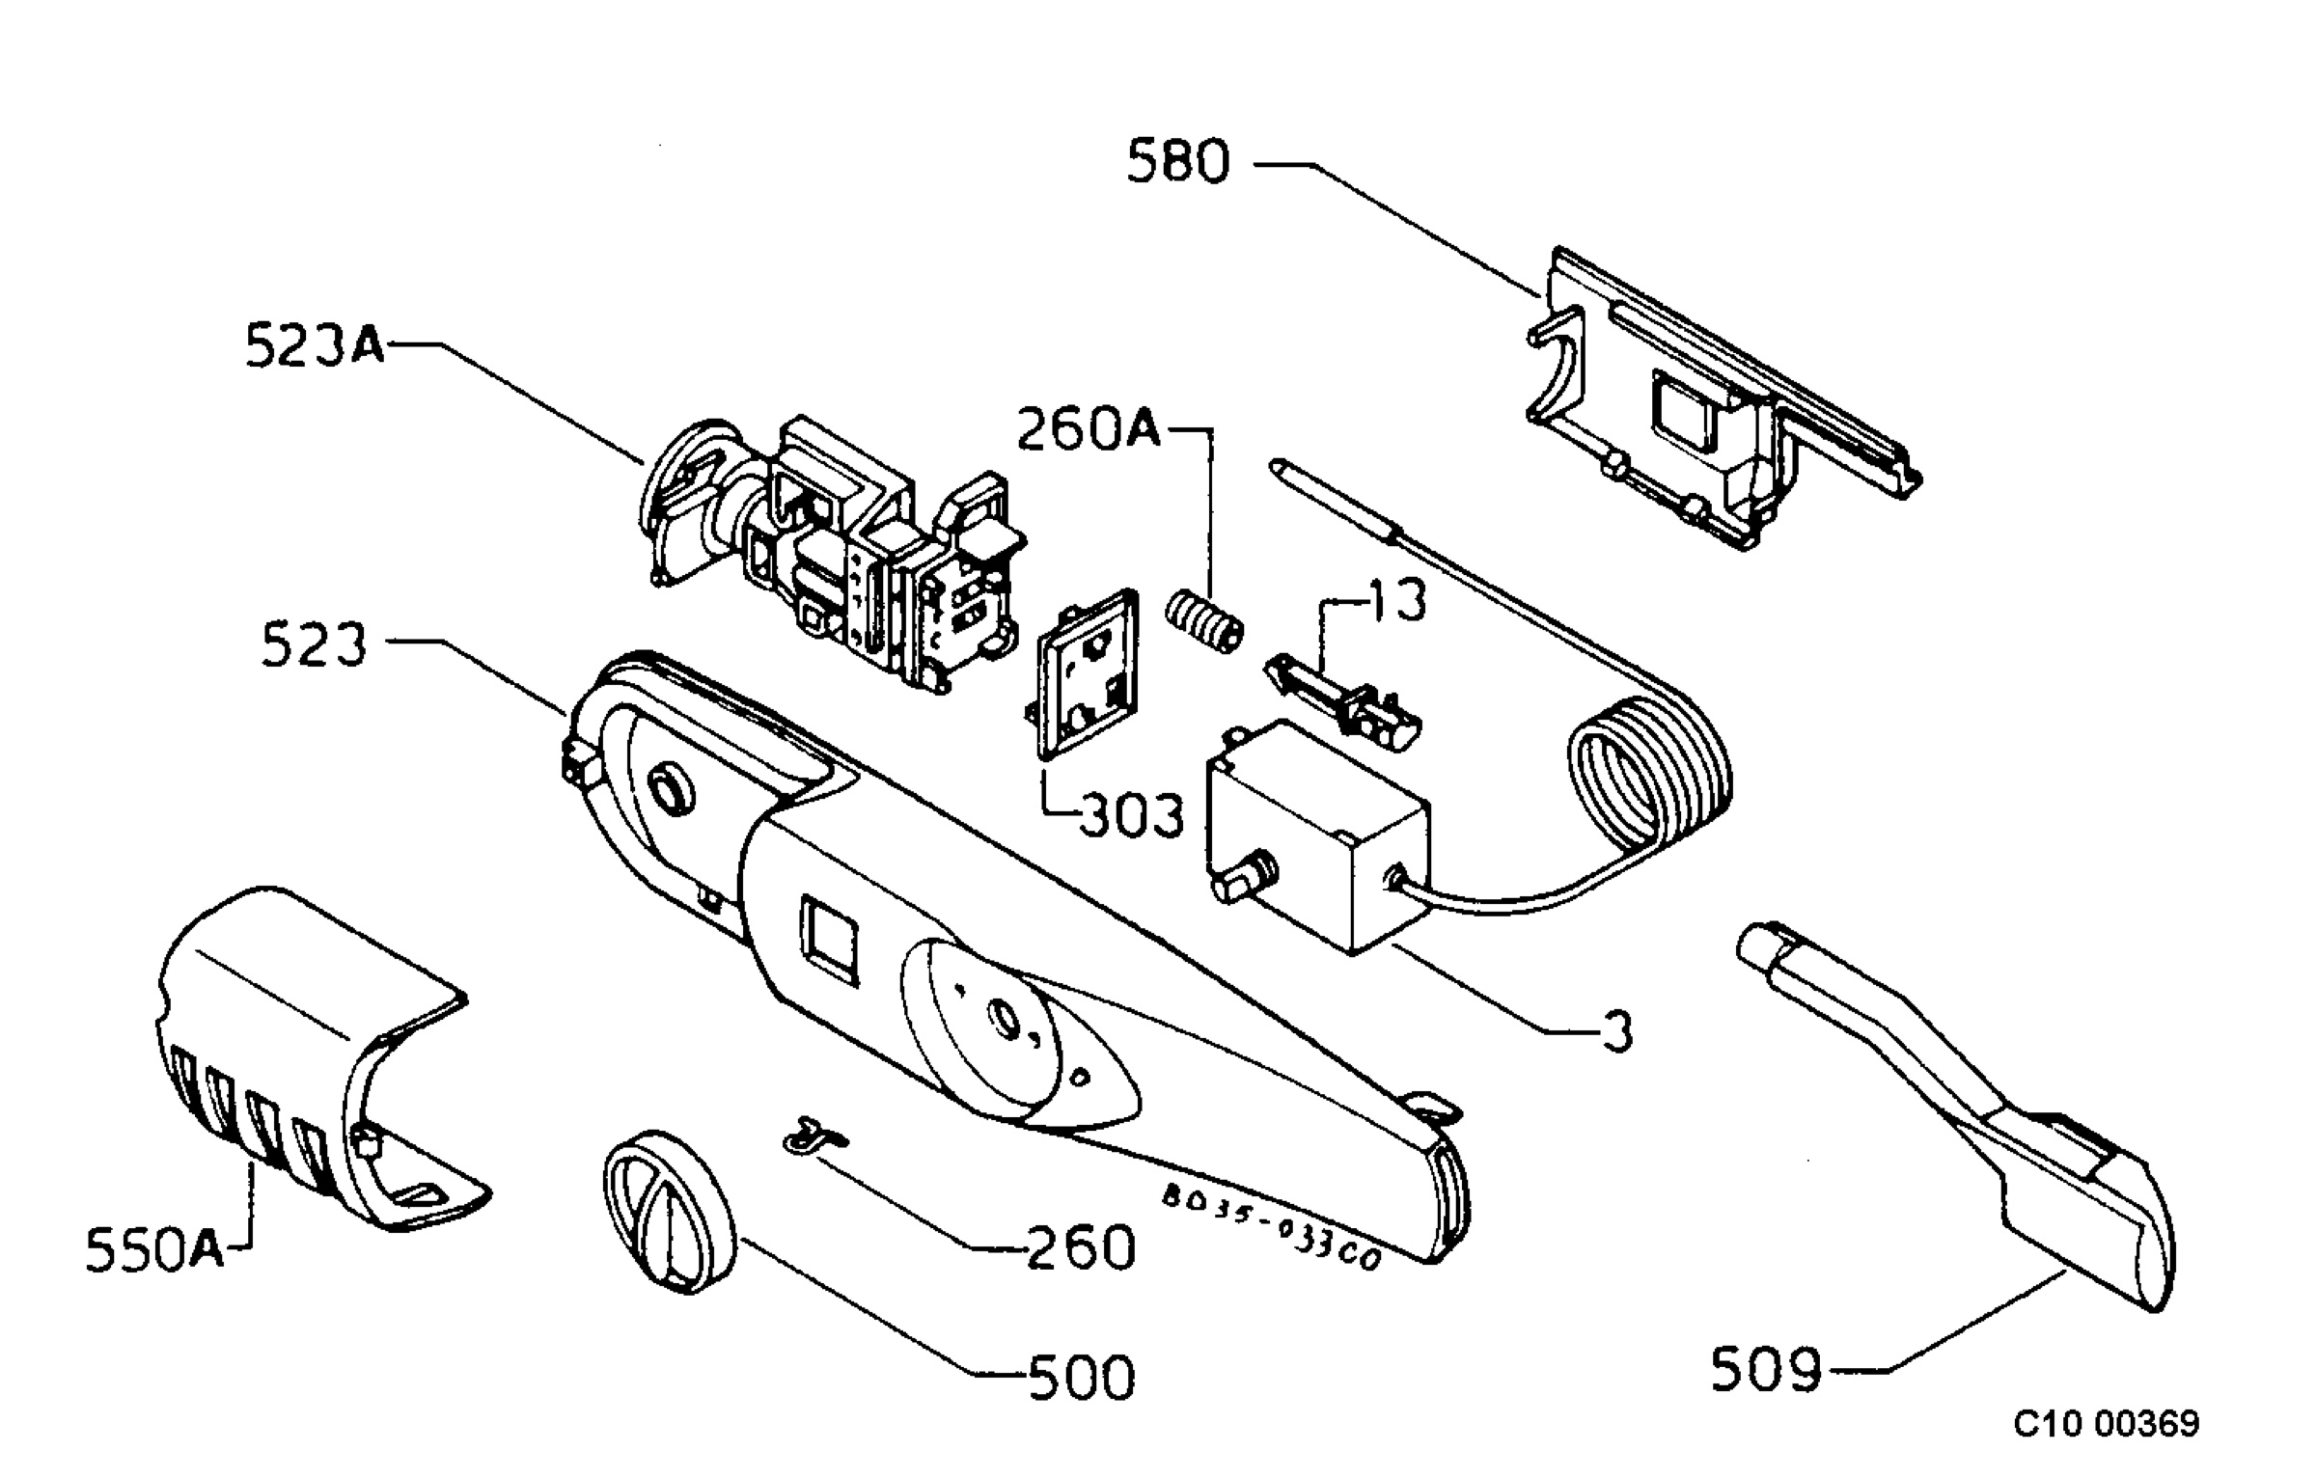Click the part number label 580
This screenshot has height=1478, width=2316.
click(x=1179, y=161)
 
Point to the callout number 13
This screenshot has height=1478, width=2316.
click(x=1396, y=600)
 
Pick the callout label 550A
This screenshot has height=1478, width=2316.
click(x=154, y=1249)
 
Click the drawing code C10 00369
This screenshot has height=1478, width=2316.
click(x=2107, y=1423)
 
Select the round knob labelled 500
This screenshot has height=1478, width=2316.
click(x=670, y=1213)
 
